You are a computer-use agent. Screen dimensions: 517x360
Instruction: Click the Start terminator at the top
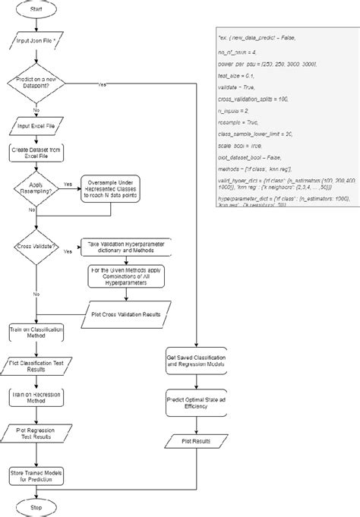(36, 11)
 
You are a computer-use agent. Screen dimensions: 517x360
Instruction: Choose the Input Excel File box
(36, 127)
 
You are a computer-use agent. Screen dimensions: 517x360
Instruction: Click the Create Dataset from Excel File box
(36, 156)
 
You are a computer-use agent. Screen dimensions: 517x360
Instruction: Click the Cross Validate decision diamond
(36, 247)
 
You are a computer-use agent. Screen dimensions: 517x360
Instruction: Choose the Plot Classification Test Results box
(36, 366)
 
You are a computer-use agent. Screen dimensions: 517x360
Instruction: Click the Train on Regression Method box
(36, 400)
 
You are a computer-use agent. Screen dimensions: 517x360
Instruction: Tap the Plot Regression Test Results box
(36, 433)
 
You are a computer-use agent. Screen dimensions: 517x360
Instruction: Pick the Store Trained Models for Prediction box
(36, 475)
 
